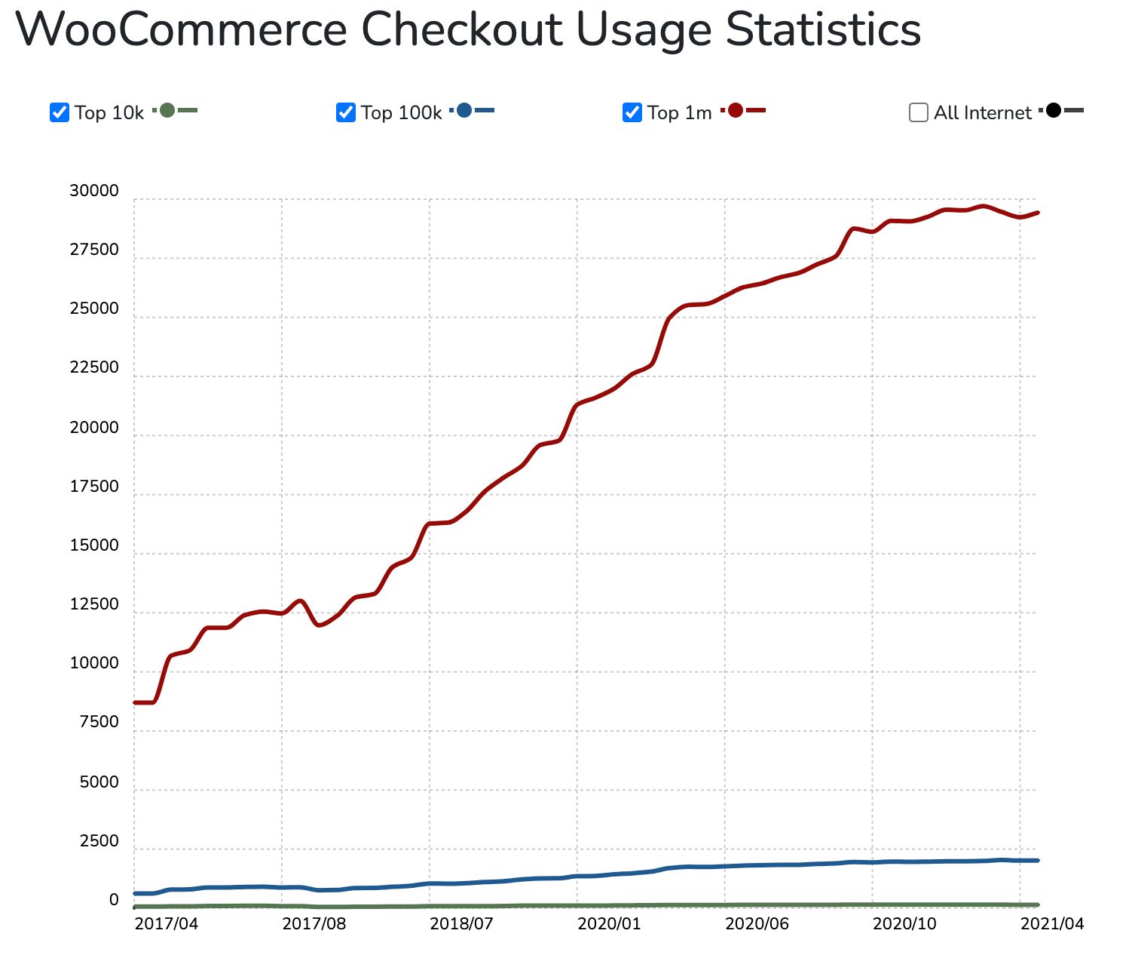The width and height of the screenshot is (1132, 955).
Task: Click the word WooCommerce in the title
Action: point(181,30)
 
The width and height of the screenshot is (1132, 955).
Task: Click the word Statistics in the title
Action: point(823,30)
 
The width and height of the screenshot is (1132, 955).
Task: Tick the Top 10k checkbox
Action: point(60,112)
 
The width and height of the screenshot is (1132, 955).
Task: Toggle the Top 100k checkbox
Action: point(346,112)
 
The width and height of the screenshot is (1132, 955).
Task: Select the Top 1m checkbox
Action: point(632,112)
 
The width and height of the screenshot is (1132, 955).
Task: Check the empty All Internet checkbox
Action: point(918,112)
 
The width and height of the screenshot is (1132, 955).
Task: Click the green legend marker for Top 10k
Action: point(167,111)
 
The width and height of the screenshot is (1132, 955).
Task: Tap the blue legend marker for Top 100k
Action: point(464,111)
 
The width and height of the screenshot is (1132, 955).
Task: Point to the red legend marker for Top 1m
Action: point(736,111)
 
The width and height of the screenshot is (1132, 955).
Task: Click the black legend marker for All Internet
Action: point(1054,111)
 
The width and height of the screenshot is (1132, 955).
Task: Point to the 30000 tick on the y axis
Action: point(94,191)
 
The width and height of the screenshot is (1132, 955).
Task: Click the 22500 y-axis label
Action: point(94,367)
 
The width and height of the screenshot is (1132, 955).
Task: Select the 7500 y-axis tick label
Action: point(99,722)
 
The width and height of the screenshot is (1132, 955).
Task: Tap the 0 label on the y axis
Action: point(114,899)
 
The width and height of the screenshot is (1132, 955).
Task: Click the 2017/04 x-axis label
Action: point(166,923)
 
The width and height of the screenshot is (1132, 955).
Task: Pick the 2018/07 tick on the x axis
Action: point(461,923)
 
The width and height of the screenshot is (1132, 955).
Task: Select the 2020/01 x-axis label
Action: point(609,923)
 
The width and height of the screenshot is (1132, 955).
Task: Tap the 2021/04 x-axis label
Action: point(1052,923)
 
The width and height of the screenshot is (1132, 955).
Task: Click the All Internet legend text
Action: point(983,112)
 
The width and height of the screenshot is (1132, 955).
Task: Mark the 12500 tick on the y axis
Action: point(94,604)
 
